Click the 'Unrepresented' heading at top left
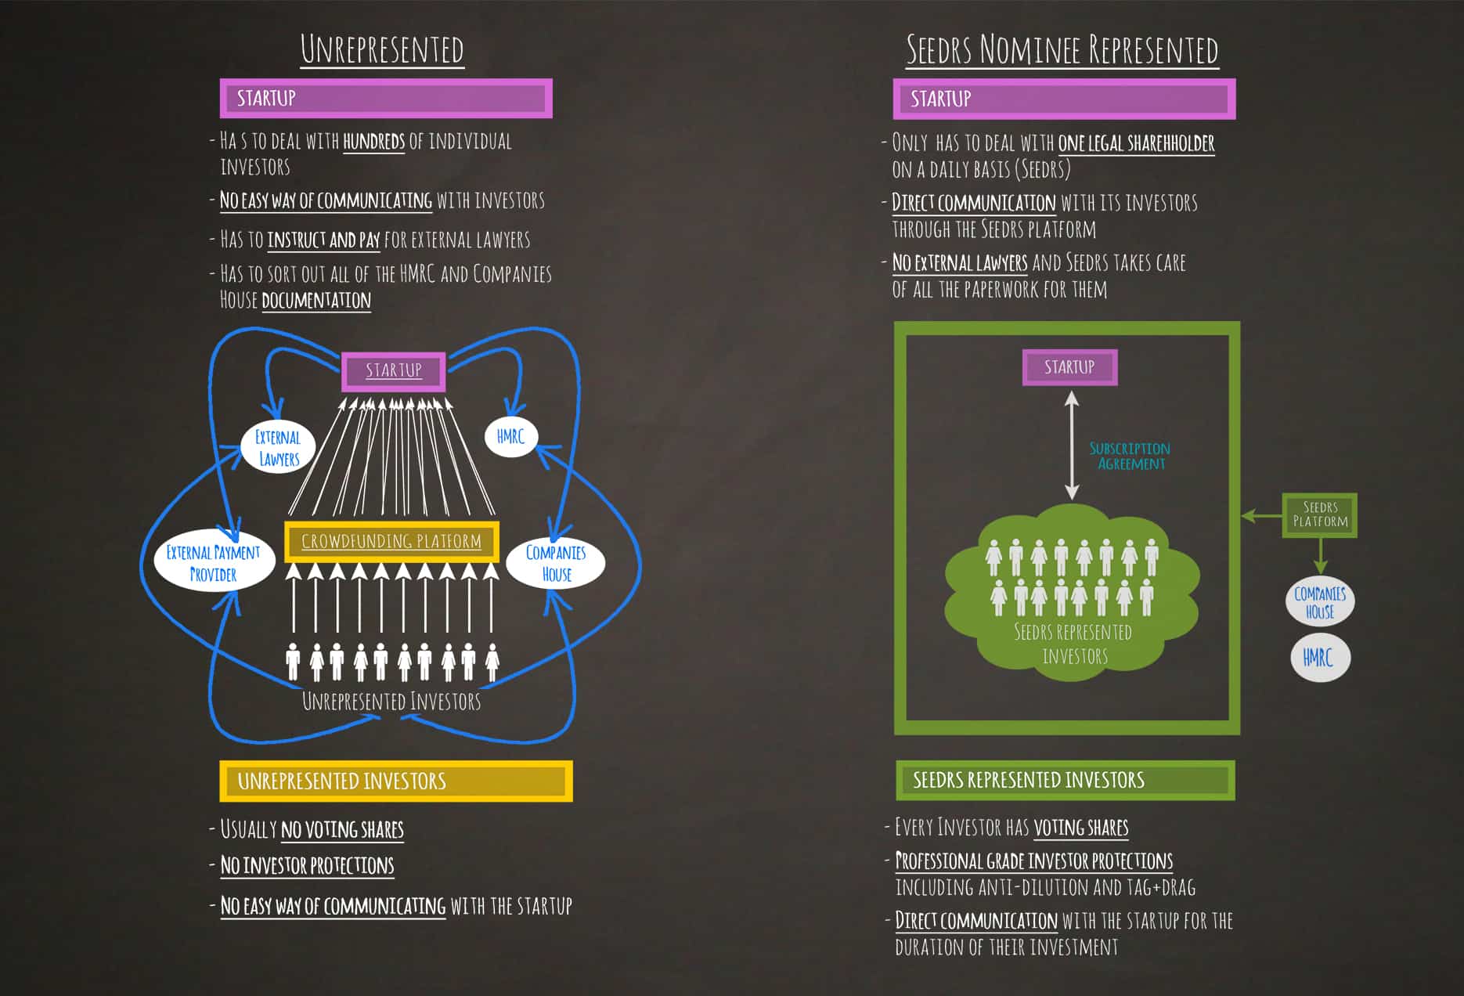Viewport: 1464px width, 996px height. [x=382, y=49]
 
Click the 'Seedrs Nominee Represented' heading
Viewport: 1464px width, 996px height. [x=1062, y=50]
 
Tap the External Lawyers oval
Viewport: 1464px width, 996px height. [x=278, y=448]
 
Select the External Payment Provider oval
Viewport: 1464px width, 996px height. [x=213, y=563]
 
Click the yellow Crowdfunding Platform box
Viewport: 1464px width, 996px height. [x=391, y=541]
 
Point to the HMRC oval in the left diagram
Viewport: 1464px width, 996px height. [x=510, y=437]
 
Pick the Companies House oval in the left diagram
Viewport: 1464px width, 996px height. [x=556, y=563]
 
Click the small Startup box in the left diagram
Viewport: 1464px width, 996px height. [x=394, y=370]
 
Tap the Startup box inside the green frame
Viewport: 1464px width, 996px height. [x=1069, y=367]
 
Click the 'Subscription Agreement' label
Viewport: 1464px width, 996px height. [x=1130, y=456]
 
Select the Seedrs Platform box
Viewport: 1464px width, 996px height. [x=1320, y=514]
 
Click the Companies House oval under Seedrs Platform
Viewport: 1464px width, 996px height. [x=1320, y=602]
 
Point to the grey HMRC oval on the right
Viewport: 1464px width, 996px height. [x=1319, y=658]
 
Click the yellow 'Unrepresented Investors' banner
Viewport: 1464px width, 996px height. [x=395, y=781]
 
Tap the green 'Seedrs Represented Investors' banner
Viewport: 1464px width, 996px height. [x=1065, y=780]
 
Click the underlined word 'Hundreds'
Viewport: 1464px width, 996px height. [x=374, y=142]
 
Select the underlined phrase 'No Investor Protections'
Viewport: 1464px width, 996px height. [x=307, y=865]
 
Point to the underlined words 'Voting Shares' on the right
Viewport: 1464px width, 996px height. [x=1081, y=828]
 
